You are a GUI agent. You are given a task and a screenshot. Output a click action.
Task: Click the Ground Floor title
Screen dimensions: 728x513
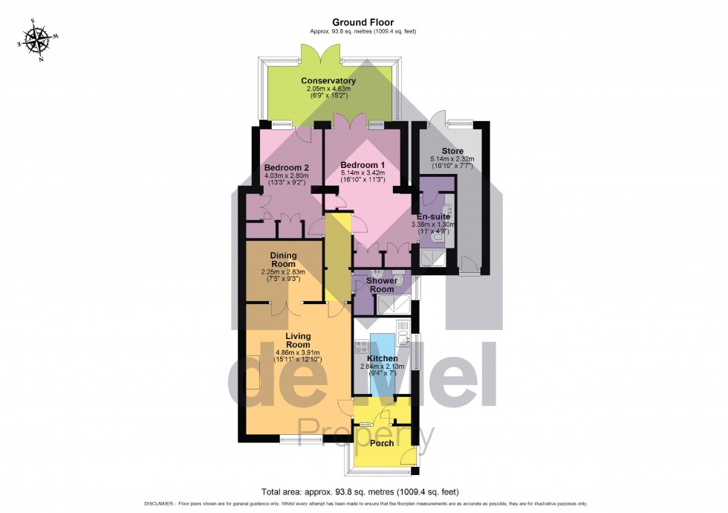click(x=363, y=22)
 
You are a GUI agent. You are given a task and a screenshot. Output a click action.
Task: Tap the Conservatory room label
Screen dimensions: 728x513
click(x=328, y=81)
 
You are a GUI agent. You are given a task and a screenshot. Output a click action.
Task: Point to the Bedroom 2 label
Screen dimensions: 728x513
click(x=287, y=168)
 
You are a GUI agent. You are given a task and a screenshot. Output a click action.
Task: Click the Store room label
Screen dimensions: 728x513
click(x=452, y=151)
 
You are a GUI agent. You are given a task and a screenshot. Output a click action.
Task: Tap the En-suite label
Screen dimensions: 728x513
click(x=433, y=216)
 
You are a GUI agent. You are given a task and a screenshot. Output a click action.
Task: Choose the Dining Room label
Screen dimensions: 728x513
click(x=283, y=259)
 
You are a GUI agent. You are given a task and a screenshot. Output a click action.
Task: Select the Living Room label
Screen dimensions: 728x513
click(x=298, y=341)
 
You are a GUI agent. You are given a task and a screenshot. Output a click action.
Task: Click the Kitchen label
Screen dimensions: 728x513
click(x=382, y=358)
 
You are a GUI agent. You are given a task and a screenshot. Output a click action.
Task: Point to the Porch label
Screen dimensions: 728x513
click(x=382, y=443)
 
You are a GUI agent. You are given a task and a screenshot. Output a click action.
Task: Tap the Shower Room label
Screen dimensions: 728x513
click(x=382, y=285)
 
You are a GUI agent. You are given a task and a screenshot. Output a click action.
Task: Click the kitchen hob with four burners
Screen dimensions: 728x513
click(x=363, y=346)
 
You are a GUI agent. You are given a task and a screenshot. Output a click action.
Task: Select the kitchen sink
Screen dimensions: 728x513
click(x=402, y=333)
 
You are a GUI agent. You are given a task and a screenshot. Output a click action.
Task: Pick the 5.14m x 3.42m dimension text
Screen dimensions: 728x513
click(x=363, y=172)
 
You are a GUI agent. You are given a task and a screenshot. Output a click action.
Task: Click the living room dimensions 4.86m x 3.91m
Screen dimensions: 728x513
click(x=298, y=352)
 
